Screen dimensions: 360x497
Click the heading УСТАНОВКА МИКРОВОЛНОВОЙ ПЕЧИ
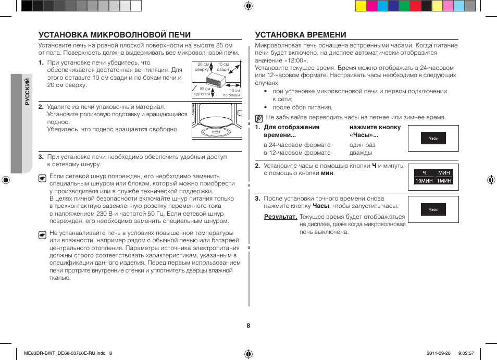[115, 35]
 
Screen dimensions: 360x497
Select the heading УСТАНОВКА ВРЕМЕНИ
[301, 35]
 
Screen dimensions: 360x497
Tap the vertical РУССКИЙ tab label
[28, 92]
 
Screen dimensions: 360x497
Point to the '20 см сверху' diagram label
[203, 67]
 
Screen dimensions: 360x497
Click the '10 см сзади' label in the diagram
[223, 67]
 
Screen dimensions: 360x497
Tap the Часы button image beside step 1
[433, 139]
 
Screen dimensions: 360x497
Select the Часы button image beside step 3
[433, 210]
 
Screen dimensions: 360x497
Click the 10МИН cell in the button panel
[424, 181]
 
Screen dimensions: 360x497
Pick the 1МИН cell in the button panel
[444, 181]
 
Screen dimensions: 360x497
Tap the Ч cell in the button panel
[424, 172]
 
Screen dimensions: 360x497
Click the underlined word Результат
[280, 217]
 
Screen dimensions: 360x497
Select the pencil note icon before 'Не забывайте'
[259, 118]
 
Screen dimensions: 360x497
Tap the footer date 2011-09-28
[434, 353]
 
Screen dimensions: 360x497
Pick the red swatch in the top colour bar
[415, 6]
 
